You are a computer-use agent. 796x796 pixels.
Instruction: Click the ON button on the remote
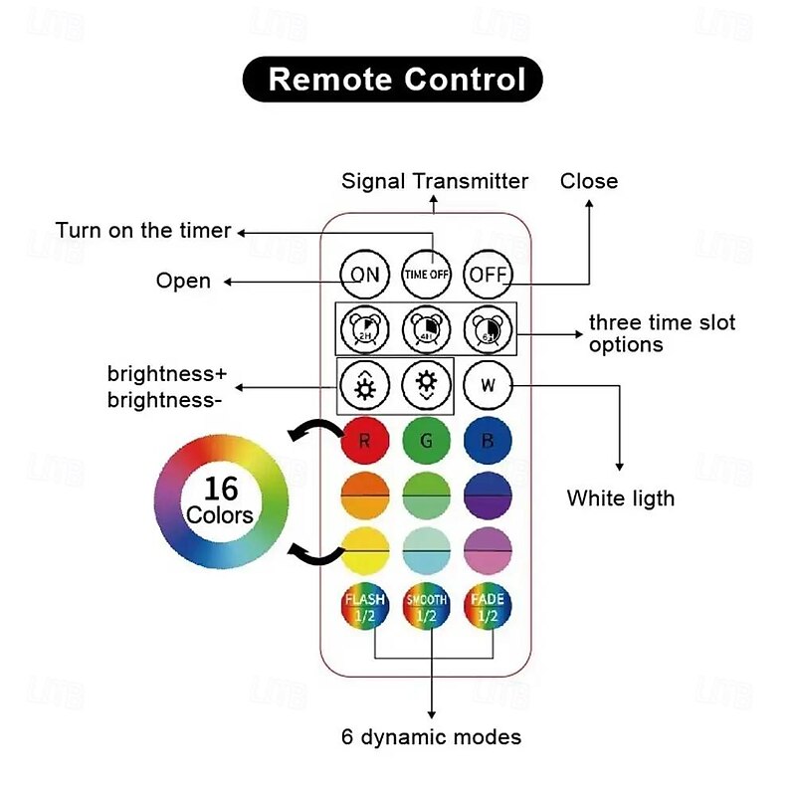pos(365,274)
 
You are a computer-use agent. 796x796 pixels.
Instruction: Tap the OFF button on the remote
pos(488,274)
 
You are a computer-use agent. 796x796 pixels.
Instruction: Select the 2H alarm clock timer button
pos(365,327)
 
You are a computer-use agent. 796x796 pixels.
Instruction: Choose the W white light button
pos(488,384)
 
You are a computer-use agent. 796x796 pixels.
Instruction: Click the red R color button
pos(365,441)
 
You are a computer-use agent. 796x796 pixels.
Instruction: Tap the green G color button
pos(427,441)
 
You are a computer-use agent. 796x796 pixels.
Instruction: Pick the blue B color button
pos(488,441)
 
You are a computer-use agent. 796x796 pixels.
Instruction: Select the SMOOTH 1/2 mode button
pos(427,607)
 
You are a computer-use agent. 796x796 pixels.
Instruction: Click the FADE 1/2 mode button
pos(488,607)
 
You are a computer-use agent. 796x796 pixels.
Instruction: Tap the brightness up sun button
pos(365,384)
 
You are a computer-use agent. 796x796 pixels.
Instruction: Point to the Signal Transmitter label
pos(435,181)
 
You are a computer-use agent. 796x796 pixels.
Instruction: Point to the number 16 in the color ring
pos(220,488)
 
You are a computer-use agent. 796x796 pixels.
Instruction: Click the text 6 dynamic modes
pos(431,737)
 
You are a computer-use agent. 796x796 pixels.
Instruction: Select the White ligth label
pos(621,497)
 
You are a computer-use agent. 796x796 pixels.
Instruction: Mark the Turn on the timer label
pos(143,231)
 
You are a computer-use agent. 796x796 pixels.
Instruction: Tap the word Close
pos(589,181)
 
